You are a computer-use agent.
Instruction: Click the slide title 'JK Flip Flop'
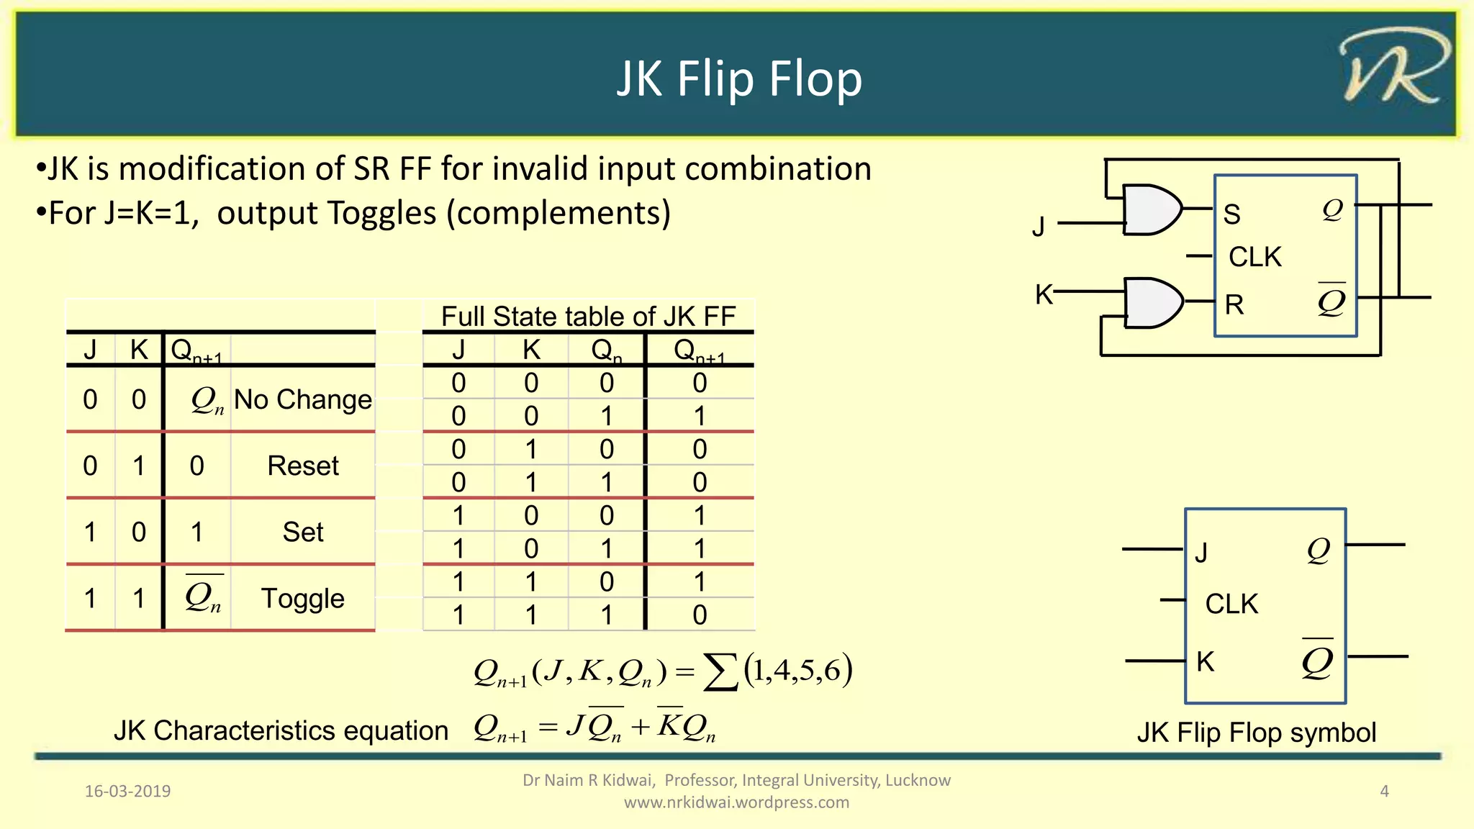tap(739, 78)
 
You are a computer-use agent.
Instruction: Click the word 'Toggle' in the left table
tap(302, 599)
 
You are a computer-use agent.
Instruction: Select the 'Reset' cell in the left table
tap(302, 466)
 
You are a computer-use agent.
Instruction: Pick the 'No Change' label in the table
tap(302, 399)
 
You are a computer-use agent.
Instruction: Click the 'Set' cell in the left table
tap(302, 533)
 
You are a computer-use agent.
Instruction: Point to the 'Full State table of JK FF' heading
tap(588, 316)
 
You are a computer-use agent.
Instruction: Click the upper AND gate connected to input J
tap(1152, 209)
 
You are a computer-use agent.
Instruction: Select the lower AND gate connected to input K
tap(1152, 303)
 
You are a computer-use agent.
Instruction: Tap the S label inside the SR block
tap(1232, 214)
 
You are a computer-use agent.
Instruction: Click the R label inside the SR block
tap(1234, 305)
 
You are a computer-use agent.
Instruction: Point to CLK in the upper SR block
tap(1255, 257)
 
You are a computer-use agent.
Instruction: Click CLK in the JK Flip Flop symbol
tap(1231, 604)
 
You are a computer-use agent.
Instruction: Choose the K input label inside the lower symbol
tap(1206, 661)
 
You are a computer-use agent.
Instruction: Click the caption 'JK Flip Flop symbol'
tap(1256, 733)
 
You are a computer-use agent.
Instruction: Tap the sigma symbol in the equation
tap(720, 673)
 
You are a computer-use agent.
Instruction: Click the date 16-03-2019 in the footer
tap(128, 791)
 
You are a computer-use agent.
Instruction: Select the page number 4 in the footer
tap(1384, 791)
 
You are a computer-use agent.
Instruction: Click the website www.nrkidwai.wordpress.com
tap(736, 802)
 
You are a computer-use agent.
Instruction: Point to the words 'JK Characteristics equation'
tap(281, 730)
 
